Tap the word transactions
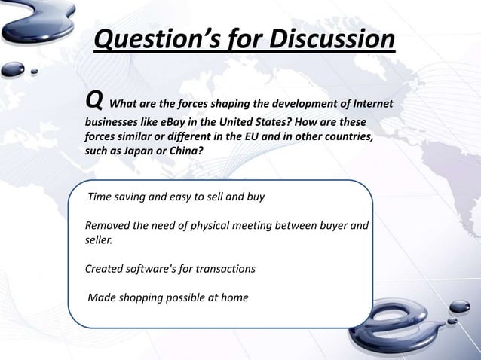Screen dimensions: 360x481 (x=228, y=270)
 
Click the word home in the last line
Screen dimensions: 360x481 (x=234, y=297)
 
